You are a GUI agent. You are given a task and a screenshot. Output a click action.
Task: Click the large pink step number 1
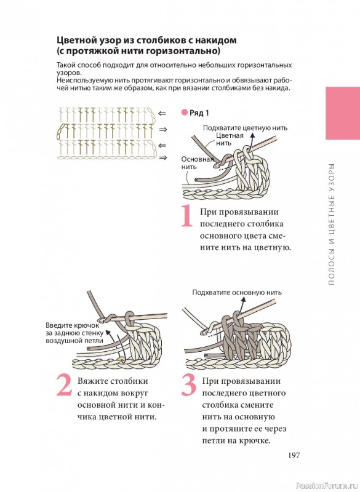(x=186, y=216)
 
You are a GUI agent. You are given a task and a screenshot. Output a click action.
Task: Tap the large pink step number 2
(x=65, y=385)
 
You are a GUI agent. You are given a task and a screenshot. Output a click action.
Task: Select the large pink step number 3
(x=190, y=385)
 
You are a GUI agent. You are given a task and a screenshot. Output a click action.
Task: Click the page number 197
(x=294, y=455)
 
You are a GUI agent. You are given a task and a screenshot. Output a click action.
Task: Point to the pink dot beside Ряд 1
(x=184, y=113)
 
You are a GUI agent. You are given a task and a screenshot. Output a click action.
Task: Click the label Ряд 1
(x=199, y=113)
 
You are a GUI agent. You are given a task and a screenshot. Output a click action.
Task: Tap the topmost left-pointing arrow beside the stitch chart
(x=162, y=113)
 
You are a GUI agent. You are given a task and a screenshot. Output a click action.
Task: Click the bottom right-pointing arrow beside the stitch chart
(x=163, y=157)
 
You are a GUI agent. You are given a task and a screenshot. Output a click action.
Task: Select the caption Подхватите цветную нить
(x=245, y=128)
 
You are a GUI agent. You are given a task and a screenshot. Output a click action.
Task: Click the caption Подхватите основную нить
(x=237, y=293)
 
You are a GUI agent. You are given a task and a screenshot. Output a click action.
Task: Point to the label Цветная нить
(x=230, y=140)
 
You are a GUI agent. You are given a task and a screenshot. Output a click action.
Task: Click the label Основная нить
(x=197, y=163)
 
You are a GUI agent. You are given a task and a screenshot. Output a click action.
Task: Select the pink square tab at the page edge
(x=343, y=113)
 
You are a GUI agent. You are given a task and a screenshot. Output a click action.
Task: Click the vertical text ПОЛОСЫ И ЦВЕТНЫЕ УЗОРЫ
(x=332, y=224)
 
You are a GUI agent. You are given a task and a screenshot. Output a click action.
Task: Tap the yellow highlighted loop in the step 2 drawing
(x=121, y=358)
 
